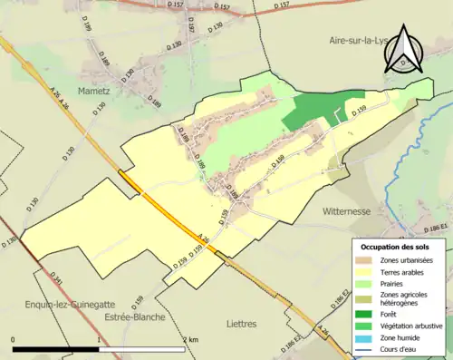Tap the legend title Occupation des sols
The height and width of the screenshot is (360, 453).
click(397, 247)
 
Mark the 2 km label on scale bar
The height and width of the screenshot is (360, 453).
click(189, 339)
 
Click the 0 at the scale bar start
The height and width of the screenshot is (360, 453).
click(14, 339)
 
